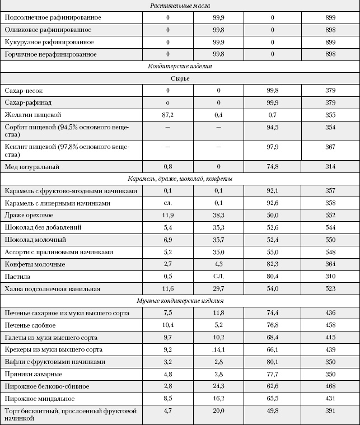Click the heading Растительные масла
pyautogui.click(x=180, y=6)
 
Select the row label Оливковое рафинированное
pyautogui.click(x=48, y=30)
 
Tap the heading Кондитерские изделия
pyautogui.click(x=180, y=66)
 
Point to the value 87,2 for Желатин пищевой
pyautogui.click(x=167, y=115)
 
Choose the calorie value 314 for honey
pyautogui.click(x=330, y=167)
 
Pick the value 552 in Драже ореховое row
pyautogui.click(x=330, y=216)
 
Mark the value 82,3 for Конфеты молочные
pyautogui.click(x=273, y=264)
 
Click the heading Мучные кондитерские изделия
pyautogui.click(x=180, y=301)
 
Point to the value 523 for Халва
pyautogui.click(x=330, y=289)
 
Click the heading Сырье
pyautogui.click(x=180, y=78)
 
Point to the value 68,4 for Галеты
pyautogui.click(x=273, y=338)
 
